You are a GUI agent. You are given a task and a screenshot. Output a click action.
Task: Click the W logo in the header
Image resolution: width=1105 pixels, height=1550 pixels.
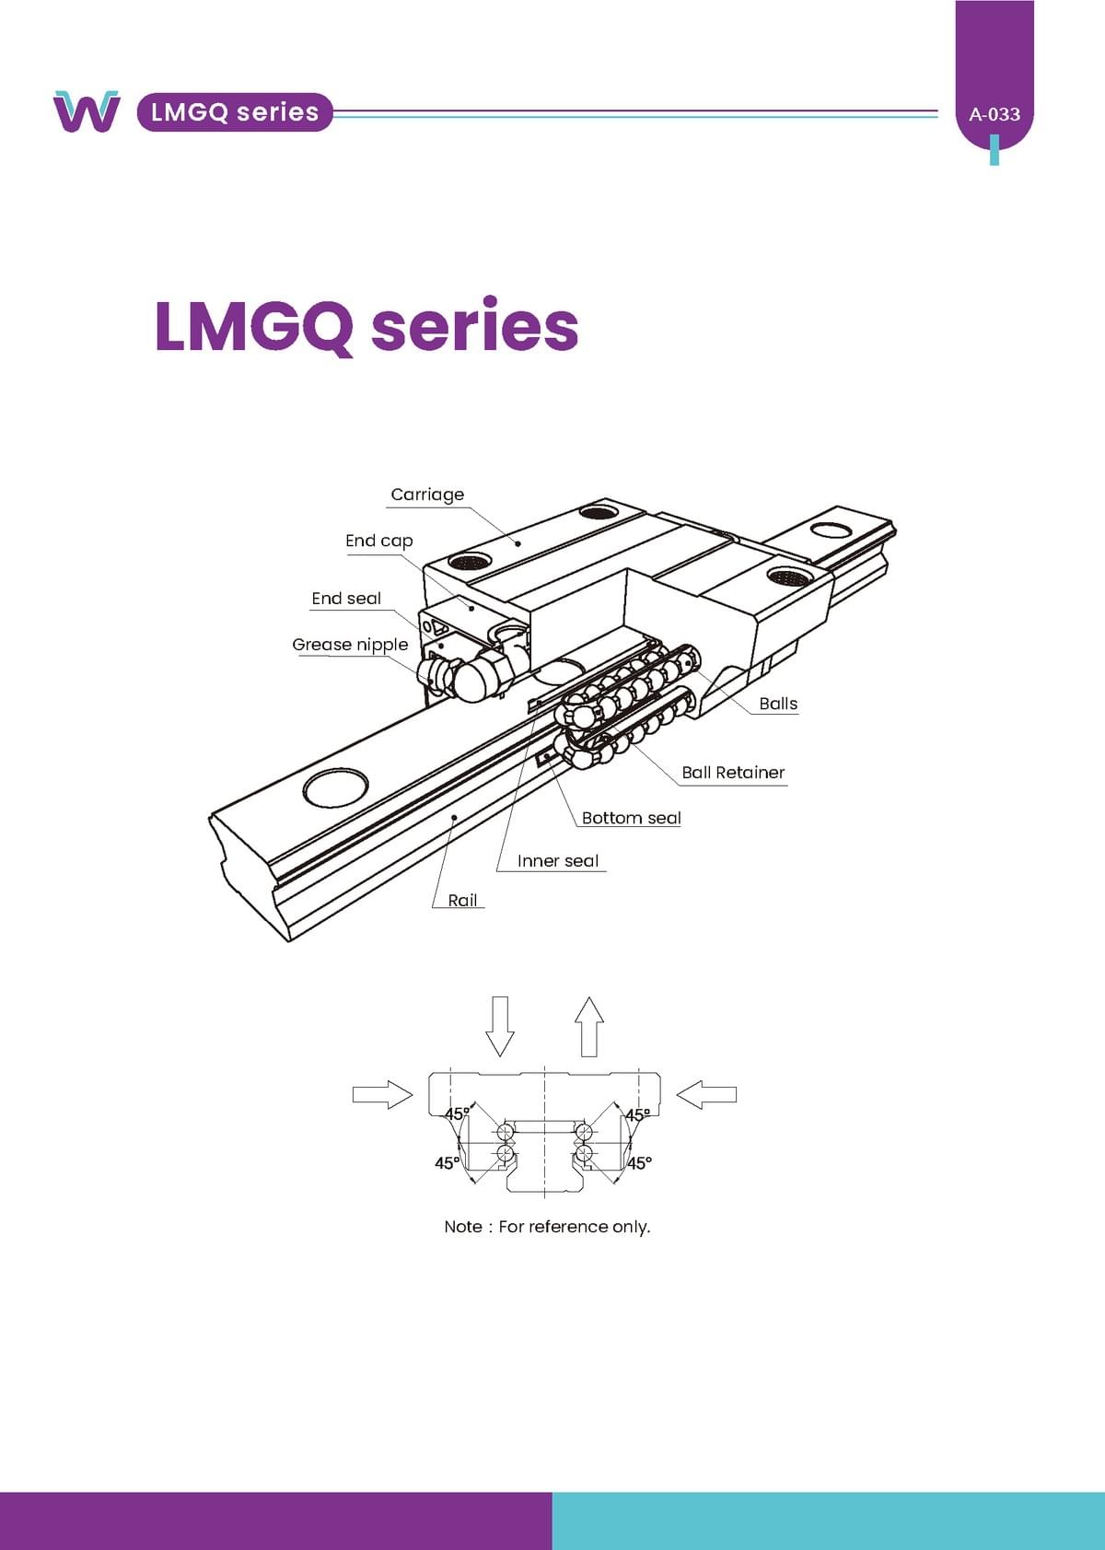(x=86, y=111)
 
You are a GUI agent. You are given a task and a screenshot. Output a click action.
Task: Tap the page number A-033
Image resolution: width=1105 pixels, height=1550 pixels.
(x=994, y=115)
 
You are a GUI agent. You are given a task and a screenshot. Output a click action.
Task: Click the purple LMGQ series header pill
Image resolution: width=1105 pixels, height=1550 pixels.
(x=235, y=112)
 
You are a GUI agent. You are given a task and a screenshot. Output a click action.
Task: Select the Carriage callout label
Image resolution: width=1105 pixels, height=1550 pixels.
(x=427, y=495)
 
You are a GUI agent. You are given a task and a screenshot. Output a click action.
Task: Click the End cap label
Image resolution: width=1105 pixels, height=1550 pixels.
(x=378, y=541)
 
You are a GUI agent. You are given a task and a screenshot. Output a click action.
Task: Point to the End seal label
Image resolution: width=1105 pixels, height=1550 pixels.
(x=346, y=599)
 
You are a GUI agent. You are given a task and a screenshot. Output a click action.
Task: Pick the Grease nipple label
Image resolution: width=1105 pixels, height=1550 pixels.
(x=350, y=645)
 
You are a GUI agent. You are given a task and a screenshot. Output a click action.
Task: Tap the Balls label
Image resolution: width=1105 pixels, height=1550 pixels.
(x=778, y=704)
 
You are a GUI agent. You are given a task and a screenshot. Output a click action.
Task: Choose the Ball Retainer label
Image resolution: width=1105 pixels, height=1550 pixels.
(x=733, y=773)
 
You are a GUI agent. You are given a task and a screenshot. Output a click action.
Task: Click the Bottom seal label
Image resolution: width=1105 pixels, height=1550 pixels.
(x=631, y=818)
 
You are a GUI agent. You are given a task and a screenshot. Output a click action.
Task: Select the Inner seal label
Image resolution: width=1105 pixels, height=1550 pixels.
(x=558, y=861)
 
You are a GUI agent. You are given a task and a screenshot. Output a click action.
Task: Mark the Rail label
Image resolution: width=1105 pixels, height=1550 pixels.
(x=462, y=901)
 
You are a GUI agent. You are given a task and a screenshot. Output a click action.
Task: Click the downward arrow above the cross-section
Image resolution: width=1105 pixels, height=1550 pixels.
(x=500, y=1025)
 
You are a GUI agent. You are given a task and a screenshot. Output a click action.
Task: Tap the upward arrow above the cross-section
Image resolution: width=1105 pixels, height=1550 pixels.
(x=589, y=1026)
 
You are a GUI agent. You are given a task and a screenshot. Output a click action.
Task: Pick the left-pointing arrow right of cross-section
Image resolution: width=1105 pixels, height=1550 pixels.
(x=706, y=1094)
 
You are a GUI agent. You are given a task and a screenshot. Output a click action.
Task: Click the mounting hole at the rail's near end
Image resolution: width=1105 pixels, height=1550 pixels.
(x=335, y=788)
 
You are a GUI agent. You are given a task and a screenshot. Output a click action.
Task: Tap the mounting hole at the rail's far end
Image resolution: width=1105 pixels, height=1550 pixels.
(x=831, y=530)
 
